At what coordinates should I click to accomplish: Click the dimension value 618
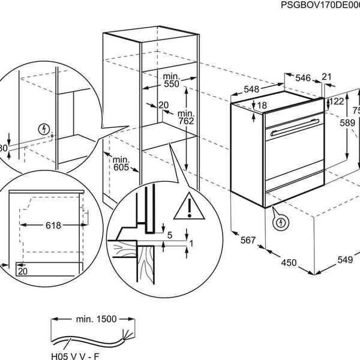click(x=53, y=226)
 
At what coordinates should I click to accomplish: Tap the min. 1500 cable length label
click(x=96, y=319)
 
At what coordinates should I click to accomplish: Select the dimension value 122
click(x=337, y=101)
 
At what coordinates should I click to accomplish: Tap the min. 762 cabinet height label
click(x=187, y=118)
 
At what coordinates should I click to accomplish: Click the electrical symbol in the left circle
click(x=43, y=129)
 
